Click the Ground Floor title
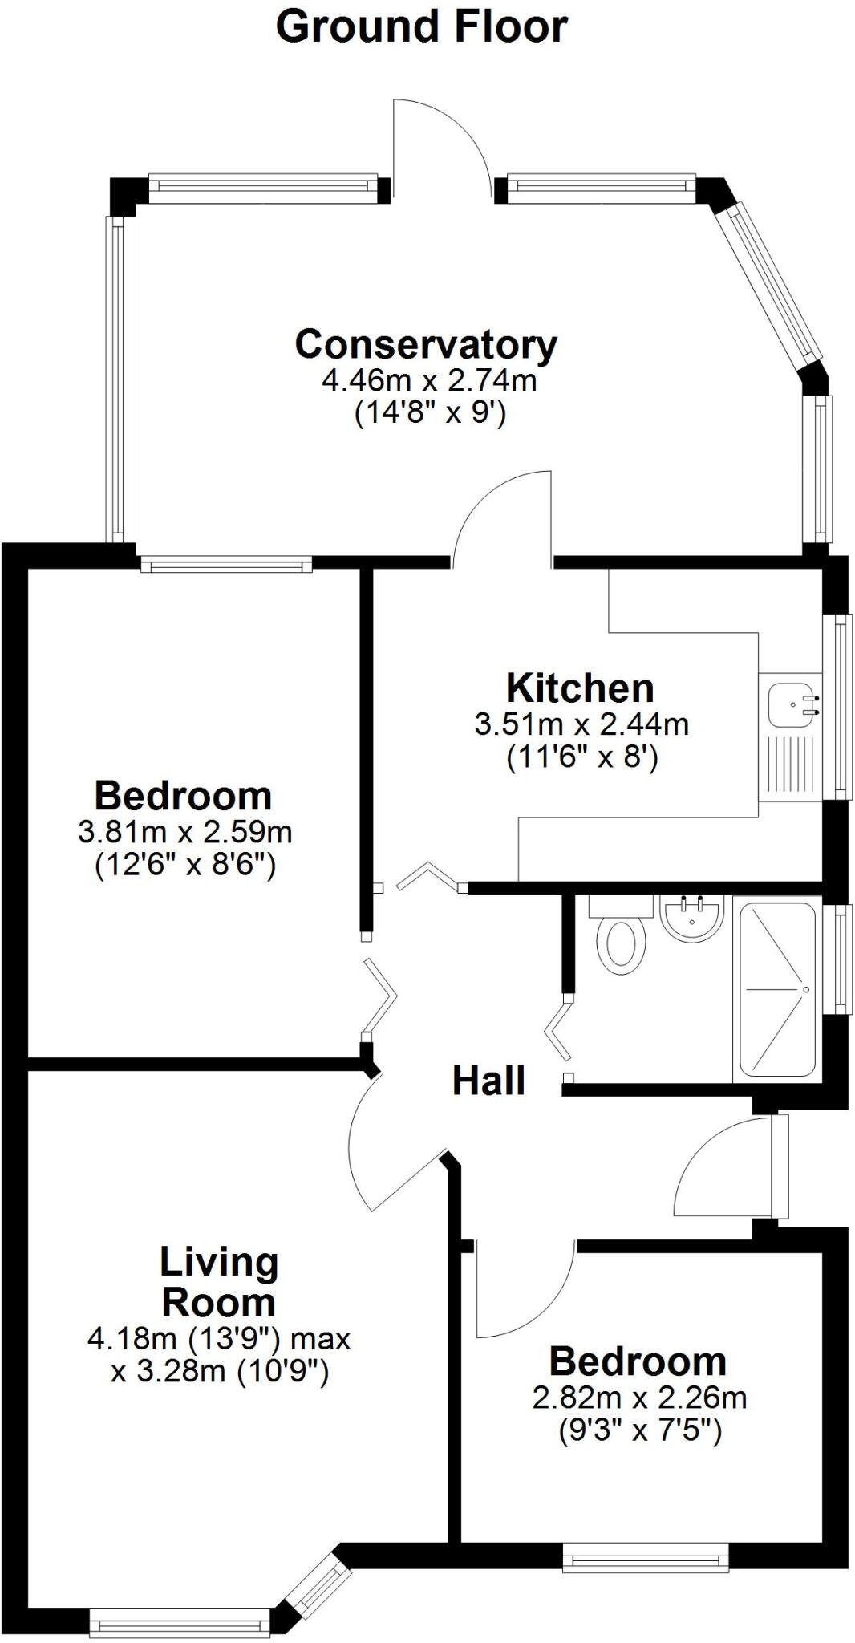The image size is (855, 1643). click(x=421, y=27)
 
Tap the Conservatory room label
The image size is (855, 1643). click(x=426, y=344)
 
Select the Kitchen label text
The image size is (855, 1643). click(x=580, y=688)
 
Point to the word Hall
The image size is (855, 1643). click(x=488, y=1081)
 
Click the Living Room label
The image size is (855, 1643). click(x=219, y=1281)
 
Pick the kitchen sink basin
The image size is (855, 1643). click(x=792, y=704)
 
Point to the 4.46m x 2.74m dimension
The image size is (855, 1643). click(x=429, y=379)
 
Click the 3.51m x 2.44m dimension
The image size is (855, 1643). click(x=581, y=724)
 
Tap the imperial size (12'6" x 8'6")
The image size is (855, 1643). click(x=185, y=866)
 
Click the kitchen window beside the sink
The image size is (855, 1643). click(x=841, y=707)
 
